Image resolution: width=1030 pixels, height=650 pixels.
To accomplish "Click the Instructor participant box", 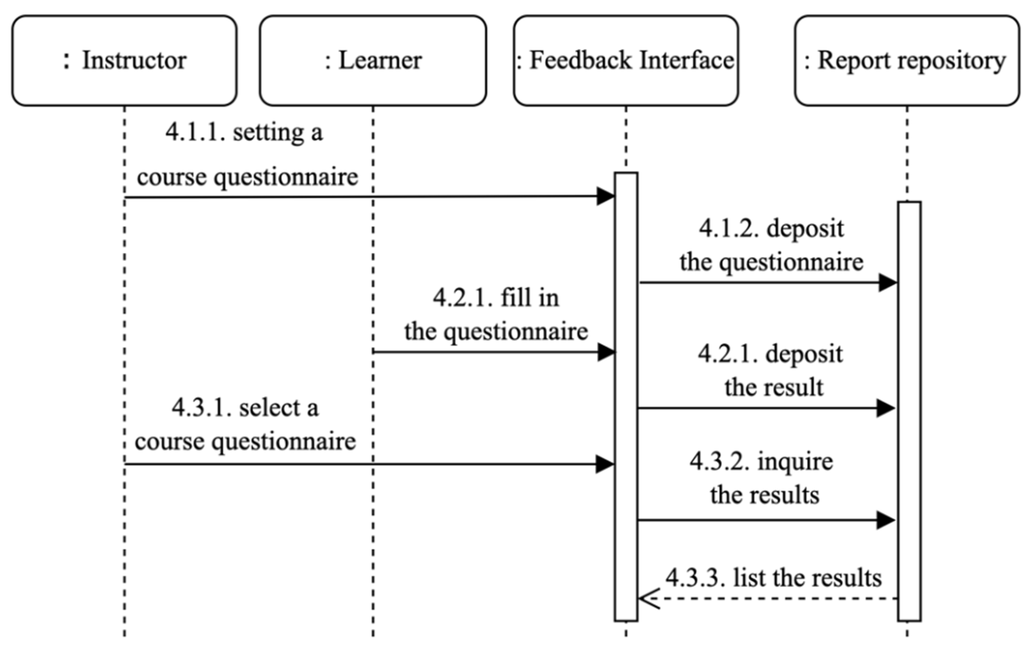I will (x=124, y=60).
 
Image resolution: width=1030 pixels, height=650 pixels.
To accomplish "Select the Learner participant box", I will (x=373, y=60).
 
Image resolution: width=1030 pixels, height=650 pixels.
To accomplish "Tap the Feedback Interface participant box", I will (x=626, y=60).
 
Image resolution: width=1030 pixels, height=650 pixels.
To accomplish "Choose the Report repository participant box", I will (x=907, y=60).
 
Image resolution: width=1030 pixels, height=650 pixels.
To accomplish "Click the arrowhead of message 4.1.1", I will (x=606, y=197).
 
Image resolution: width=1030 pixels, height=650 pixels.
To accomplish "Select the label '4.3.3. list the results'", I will (x=773, y=578).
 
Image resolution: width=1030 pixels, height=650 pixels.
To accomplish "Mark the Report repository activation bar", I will (x=909, y=411).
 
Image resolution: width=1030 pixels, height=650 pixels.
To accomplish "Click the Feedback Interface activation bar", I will (x=626, y=398).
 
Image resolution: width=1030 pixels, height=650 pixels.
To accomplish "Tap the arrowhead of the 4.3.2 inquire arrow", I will (x=886, y=520).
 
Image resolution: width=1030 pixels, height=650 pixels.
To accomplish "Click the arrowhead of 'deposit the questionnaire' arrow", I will (x=888, y=282).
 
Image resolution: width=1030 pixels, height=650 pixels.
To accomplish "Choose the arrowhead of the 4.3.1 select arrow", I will (x=605, y=464).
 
